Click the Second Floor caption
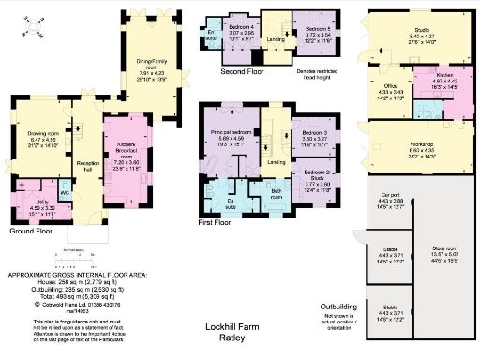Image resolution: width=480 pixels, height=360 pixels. [241, 71]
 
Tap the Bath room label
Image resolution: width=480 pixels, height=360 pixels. [277, 196]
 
